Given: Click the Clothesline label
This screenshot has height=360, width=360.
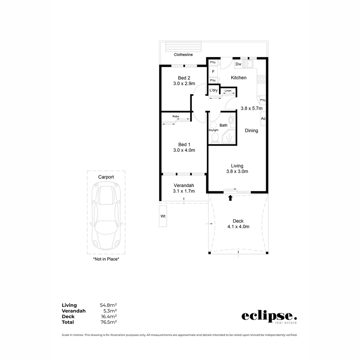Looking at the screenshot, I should click(x=183, y=55).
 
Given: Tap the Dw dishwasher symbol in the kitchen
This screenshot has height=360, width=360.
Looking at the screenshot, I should click(x=238, y=64).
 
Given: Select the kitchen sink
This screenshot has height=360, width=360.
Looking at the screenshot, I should click(x=248, y=64).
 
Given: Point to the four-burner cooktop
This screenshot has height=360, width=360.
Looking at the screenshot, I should click(x=261, y=79).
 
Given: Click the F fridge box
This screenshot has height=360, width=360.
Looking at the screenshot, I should click(x=213, y=71).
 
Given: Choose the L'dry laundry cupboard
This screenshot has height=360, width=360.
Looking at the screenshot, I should click(x=213, y=90).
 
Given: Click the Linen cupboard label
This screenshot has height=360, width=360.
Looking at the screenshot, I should click(x=228, y=91).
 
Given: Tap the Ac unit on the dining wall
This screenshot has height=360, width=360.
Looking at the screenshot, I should click(x=263, y=119).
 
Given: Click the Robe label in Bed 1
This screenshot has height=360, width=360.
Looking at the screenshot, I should click(x=176, y=116).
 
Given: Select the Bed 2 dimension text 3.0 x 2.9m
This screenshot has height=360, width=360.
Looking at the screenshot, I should click(x=184, y=84).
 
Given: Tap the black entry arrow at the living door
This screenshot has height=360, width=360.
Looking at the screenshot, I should click(x=230, y=198).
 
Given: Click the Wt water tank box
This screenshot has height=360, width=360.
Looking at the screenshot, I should click(x=163, y=216).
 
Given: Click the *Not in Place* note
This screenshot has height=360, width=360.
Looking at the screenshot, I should click(x=106, y=259).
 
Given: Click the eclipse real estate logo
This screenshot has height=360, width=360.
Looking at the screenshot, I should click(x=269, y=317).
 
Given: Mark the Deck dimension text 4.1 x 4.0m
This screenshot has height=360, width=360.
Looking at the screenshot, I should click(x=238, y=227).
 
